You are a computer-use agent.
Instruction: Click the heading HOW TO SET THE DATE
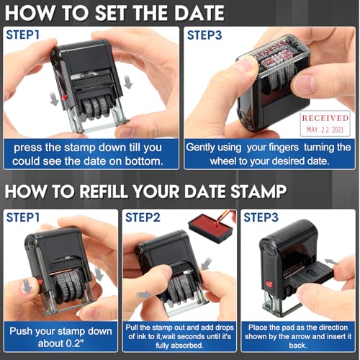click(x=115, y=13)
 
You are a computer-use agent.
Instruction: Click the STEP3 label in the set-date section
click(x=207, y=34)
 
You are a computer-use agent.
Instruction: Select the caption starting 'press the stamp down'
click(x=90, y=154)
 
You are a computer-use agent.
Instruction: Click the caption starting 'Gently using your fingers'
click(x=269, y=154)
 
